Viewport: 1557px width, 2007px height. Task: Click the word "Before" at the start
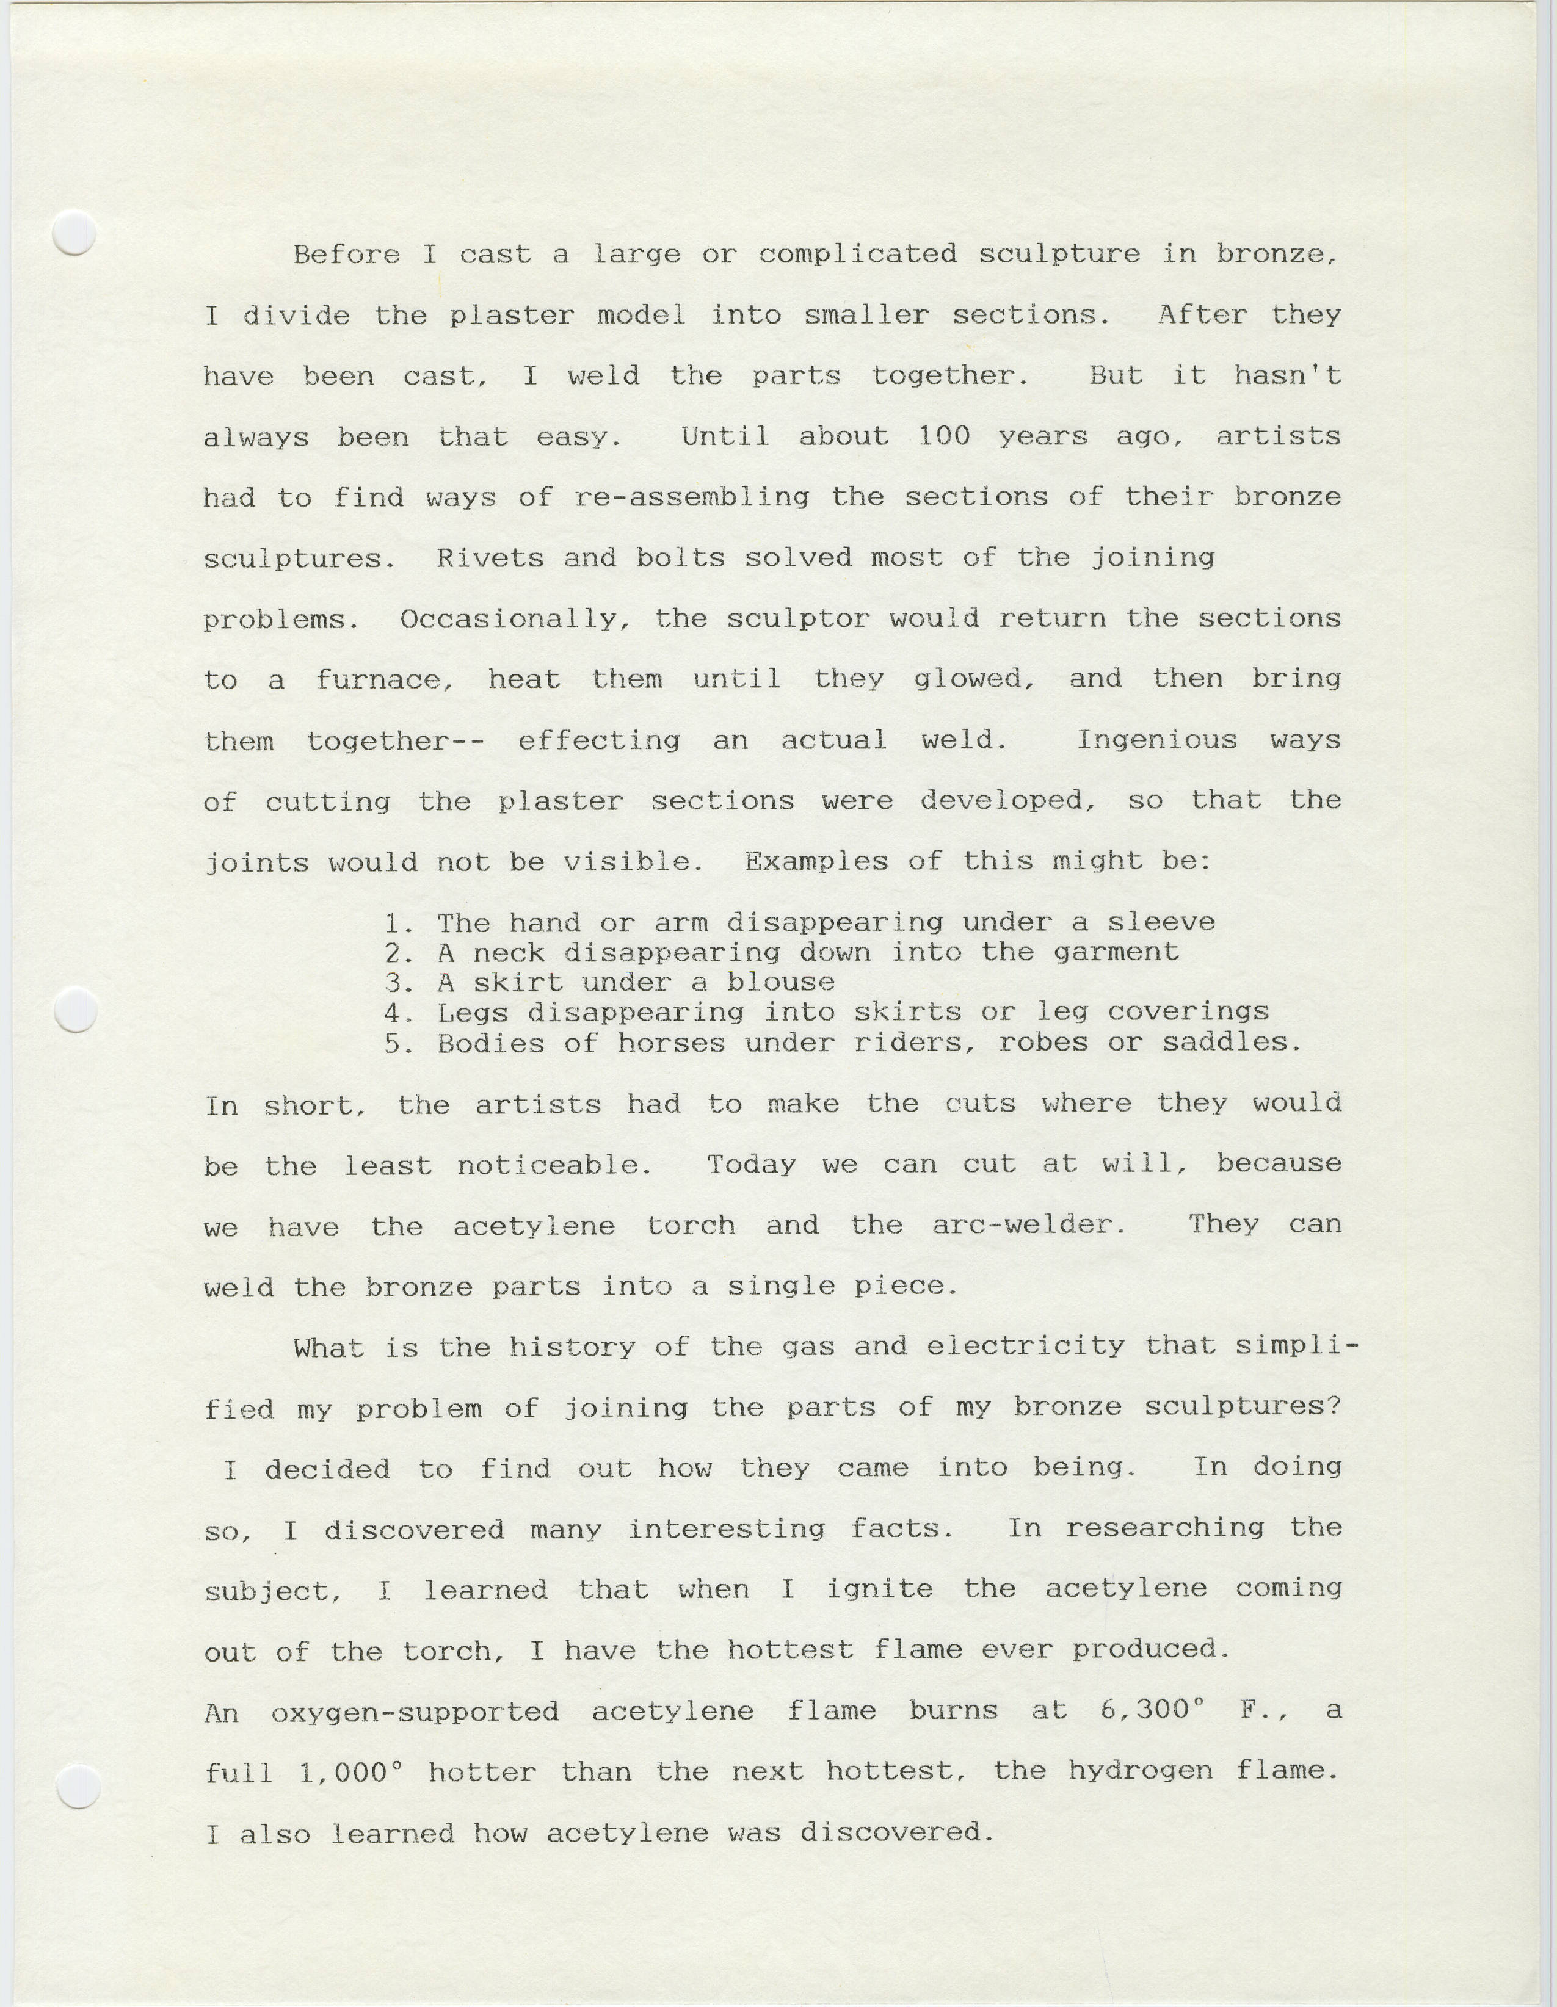pos(347,255)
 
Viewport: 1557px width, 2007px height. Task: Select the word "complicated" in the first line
pos(857,255)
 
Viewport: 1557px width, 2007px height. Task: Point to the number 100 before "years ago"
pos(944,436)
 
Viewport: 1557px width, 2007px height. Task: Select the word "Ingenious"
pos(1156,740)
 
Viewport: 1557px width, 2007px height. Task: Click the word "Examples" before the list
pos(816,862)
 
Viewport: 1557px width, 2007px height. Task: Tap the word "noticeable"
pos(554,1166)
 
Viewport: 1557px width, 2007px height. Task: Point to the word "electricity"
pos(1025,1347)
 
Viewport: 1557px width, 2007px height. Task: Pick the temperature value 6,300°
pos(1152,1710)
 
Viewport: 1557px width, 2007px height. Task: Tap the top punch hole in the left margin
pos(74,233)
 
